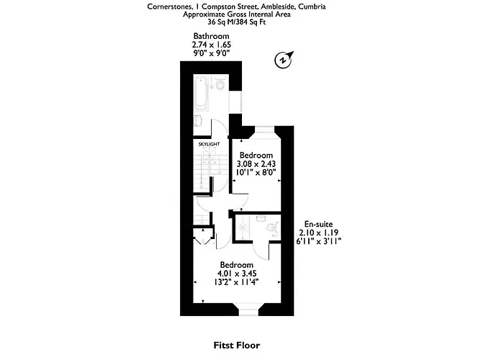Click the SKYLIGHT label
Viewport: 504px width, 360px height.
click(x=209, y=144)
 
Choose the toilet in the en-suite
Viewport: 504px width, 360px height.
click(x=271, y=228)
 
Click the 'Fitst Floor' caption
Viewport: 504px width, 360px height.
click(x=237, y=345)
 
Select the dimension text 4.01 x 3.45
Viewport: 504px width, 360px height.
click(x=237, y=274)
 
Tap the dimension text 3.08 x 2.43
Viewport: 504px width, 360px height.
click(x=256, y=164)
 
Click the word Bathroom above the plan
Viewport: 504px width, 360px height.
click(x=211, y=36)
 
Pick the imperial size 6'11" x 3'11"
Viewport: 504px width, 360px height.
click(x=319, y=241)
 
